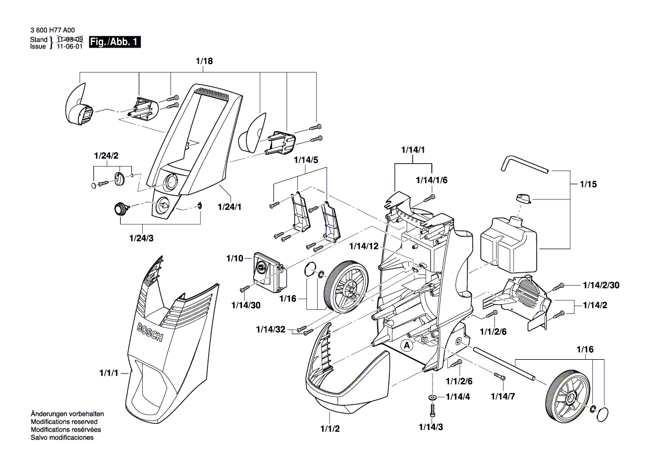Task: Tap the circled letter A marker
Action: pos(407,344)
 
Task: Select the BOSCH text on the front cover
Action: pos(150,332)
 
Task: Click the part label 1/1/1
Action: pos(110,373)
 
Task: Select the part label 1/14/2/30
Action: pos(601,285)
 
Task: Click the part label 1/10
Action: pos(234,258)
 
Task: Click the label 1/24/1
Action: pos(230,207)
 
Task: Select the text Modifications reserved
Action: pos(64,422)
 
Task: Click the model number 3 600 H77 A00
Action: pos(53,31)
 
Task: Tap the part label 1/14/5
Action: pos(306,160)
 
